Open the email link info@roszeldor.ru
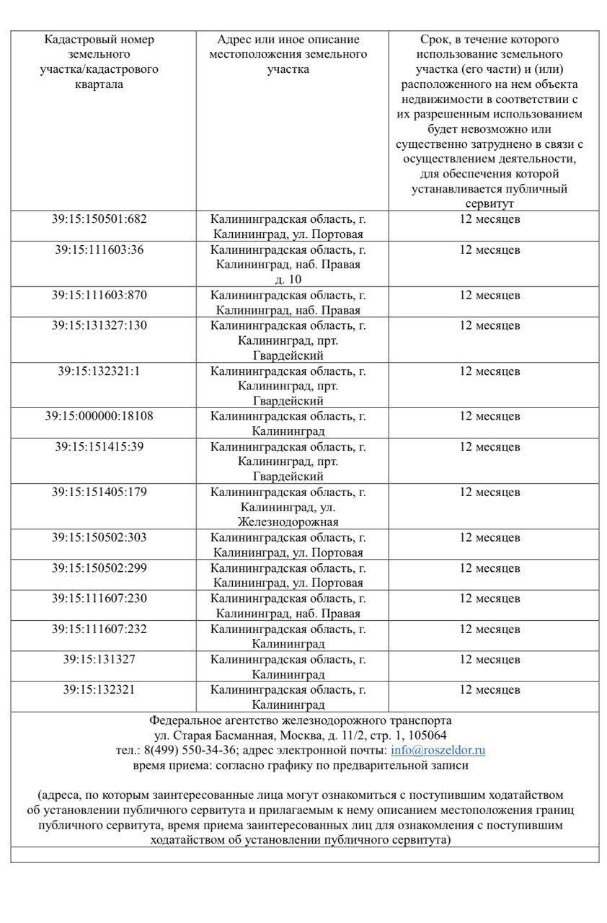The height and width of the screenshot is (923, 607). pos(438,750)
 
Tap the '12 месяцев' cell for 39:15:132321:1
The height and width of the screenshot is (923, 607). pos(489,371)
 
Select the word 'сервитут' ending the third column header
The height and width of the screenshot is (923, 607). pos(489,205)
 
